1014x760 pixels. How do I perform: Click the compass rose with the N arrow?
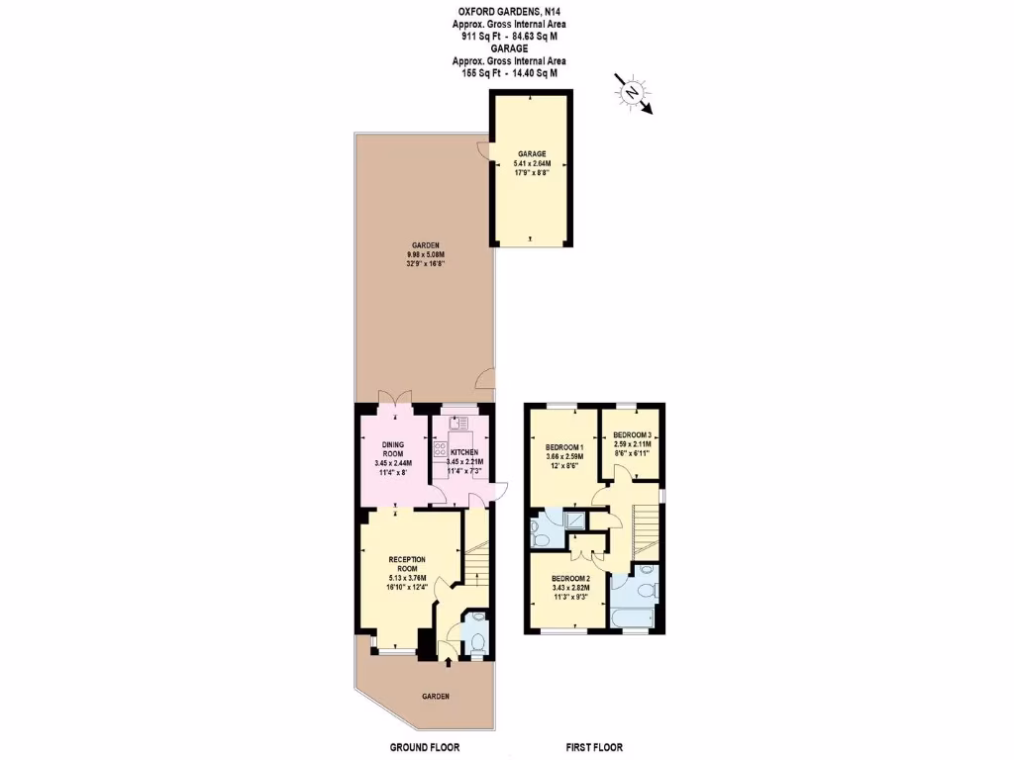[631, 91]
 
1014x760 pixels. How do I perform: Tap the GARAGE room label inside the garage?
[532, 154]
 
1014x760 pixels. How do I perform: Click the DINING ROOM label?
[394, 448]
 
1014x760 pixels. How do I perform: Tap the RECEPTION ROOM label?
[407, 564]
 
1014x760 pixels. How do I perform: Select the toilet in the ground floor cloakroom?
[476, 639]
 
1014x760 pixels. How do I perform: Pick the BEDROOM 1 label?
[564, 447]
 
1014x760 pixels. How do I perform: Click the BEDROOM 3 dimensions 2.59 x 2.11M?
[632, 445]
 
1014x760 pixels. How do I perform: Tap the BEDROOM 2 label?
[570, 578]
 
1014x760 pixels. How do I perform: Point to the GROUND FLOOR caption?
[424, 747]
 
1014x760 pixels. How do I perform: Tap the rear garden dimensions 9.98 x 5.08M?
[427, 255]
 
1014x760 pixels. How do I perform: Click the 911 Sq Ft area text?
[480, 36]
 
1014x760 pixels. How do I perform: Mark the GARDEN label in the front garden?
[436, 697]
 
